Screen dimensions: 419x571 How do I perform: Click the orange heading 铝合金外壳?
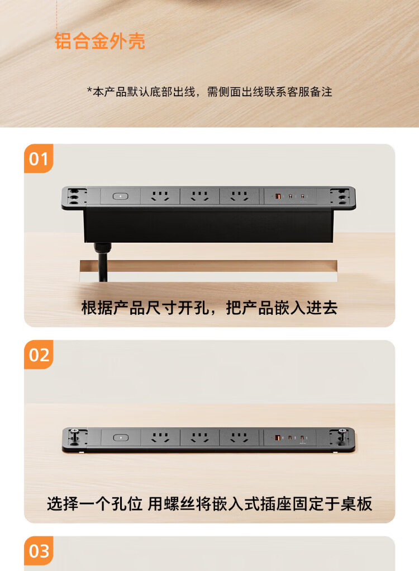(99, 41)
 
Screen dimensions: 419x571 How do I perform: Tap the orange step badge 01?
(39, 158)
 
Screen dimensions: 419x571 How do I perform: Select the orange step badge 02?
(39, 355)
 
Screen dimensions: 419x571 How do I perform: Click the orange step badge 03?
(39, 551)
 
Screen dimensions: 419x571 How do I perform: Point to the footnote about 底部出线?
(209, 92)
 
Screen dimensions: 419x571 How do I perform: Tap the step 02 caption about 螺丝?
(209, 504)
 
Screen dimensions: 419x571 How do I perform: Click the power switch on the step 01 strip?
(120, 196)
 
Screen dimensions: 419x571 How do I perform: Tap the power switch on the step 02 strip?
(120, 437)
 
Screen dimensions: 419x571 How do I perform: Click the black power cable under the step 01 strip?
(102, 262)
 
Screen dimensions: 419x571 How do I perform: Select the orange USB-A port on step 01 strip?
(278, 196)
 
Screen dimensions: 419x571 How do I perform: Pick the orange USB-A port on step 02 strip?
(278, 437)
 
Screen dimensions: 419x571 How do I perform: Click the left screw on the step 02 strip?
(75, 435)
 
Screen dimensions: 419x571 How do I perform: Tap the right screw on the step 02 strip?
(342, 435)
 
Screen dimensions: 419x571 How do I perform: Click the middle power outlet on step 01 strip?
(199, 196)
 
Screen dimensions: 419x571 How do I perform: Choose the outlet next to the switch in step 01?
(160, 196)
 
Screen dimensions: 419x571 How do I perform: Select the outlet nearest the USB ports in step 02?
(239, 437)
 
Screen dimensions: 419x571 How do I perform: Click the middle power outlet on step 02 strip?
(199, 437)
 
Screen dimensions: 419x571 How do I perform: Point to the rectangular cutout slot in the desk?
(208, 271)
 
